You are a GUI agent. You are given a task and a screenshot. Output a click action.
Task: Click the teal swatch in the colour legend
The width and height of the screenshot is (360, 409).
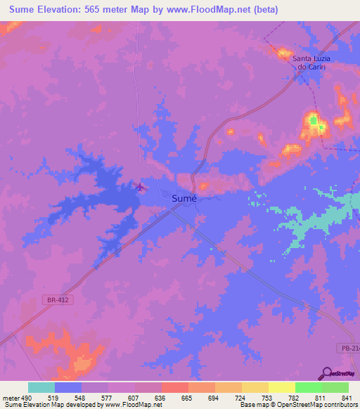coord(41,387)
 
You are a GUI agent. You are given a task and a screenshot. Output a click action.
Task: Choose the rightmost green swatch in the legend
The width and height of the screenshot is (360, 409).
coord(335,387)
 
